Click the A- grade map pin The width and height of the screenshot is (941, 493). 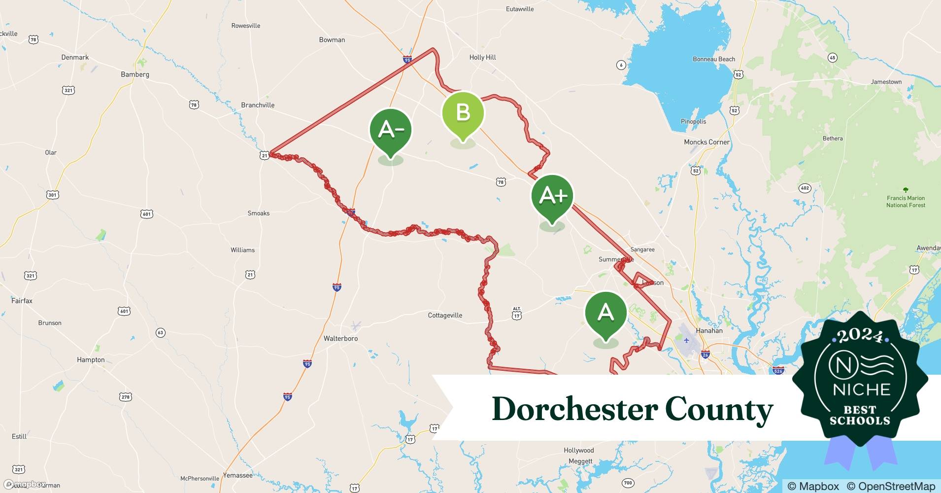391,130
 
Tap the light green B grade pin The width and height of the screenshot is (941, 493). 463,113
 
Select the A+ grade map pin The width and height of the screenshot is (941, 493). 552,196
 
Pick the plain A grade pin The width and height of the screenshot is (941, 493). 605,313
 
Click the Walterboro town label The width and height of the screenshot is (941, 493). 340,339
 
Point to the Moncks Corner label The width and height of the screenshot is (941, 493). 706,142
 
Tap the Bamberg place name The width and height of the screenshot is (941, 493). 134,74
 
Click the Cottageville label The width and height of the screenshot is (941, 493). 445,316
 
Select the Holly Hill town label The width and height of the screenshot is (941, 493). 482,57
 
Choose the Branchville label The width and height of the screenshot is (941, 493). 258,105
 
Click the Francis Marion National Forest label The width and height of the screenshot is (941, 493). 906,201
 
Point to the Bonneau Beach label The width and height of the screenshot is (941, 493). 713,59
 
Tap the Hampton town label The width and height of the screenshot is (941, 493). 91,360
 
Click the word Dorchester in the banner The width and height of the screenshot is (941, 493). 574,409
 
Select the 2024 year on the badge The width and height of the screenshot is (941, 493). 860,336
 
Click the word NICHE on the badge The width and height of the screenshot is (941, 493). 862,390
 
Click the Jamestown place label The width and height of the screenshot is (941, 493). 886,82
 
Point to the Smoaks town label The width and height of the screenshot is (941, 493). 258,213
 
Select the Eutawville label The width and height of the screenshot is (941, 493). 519,9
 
